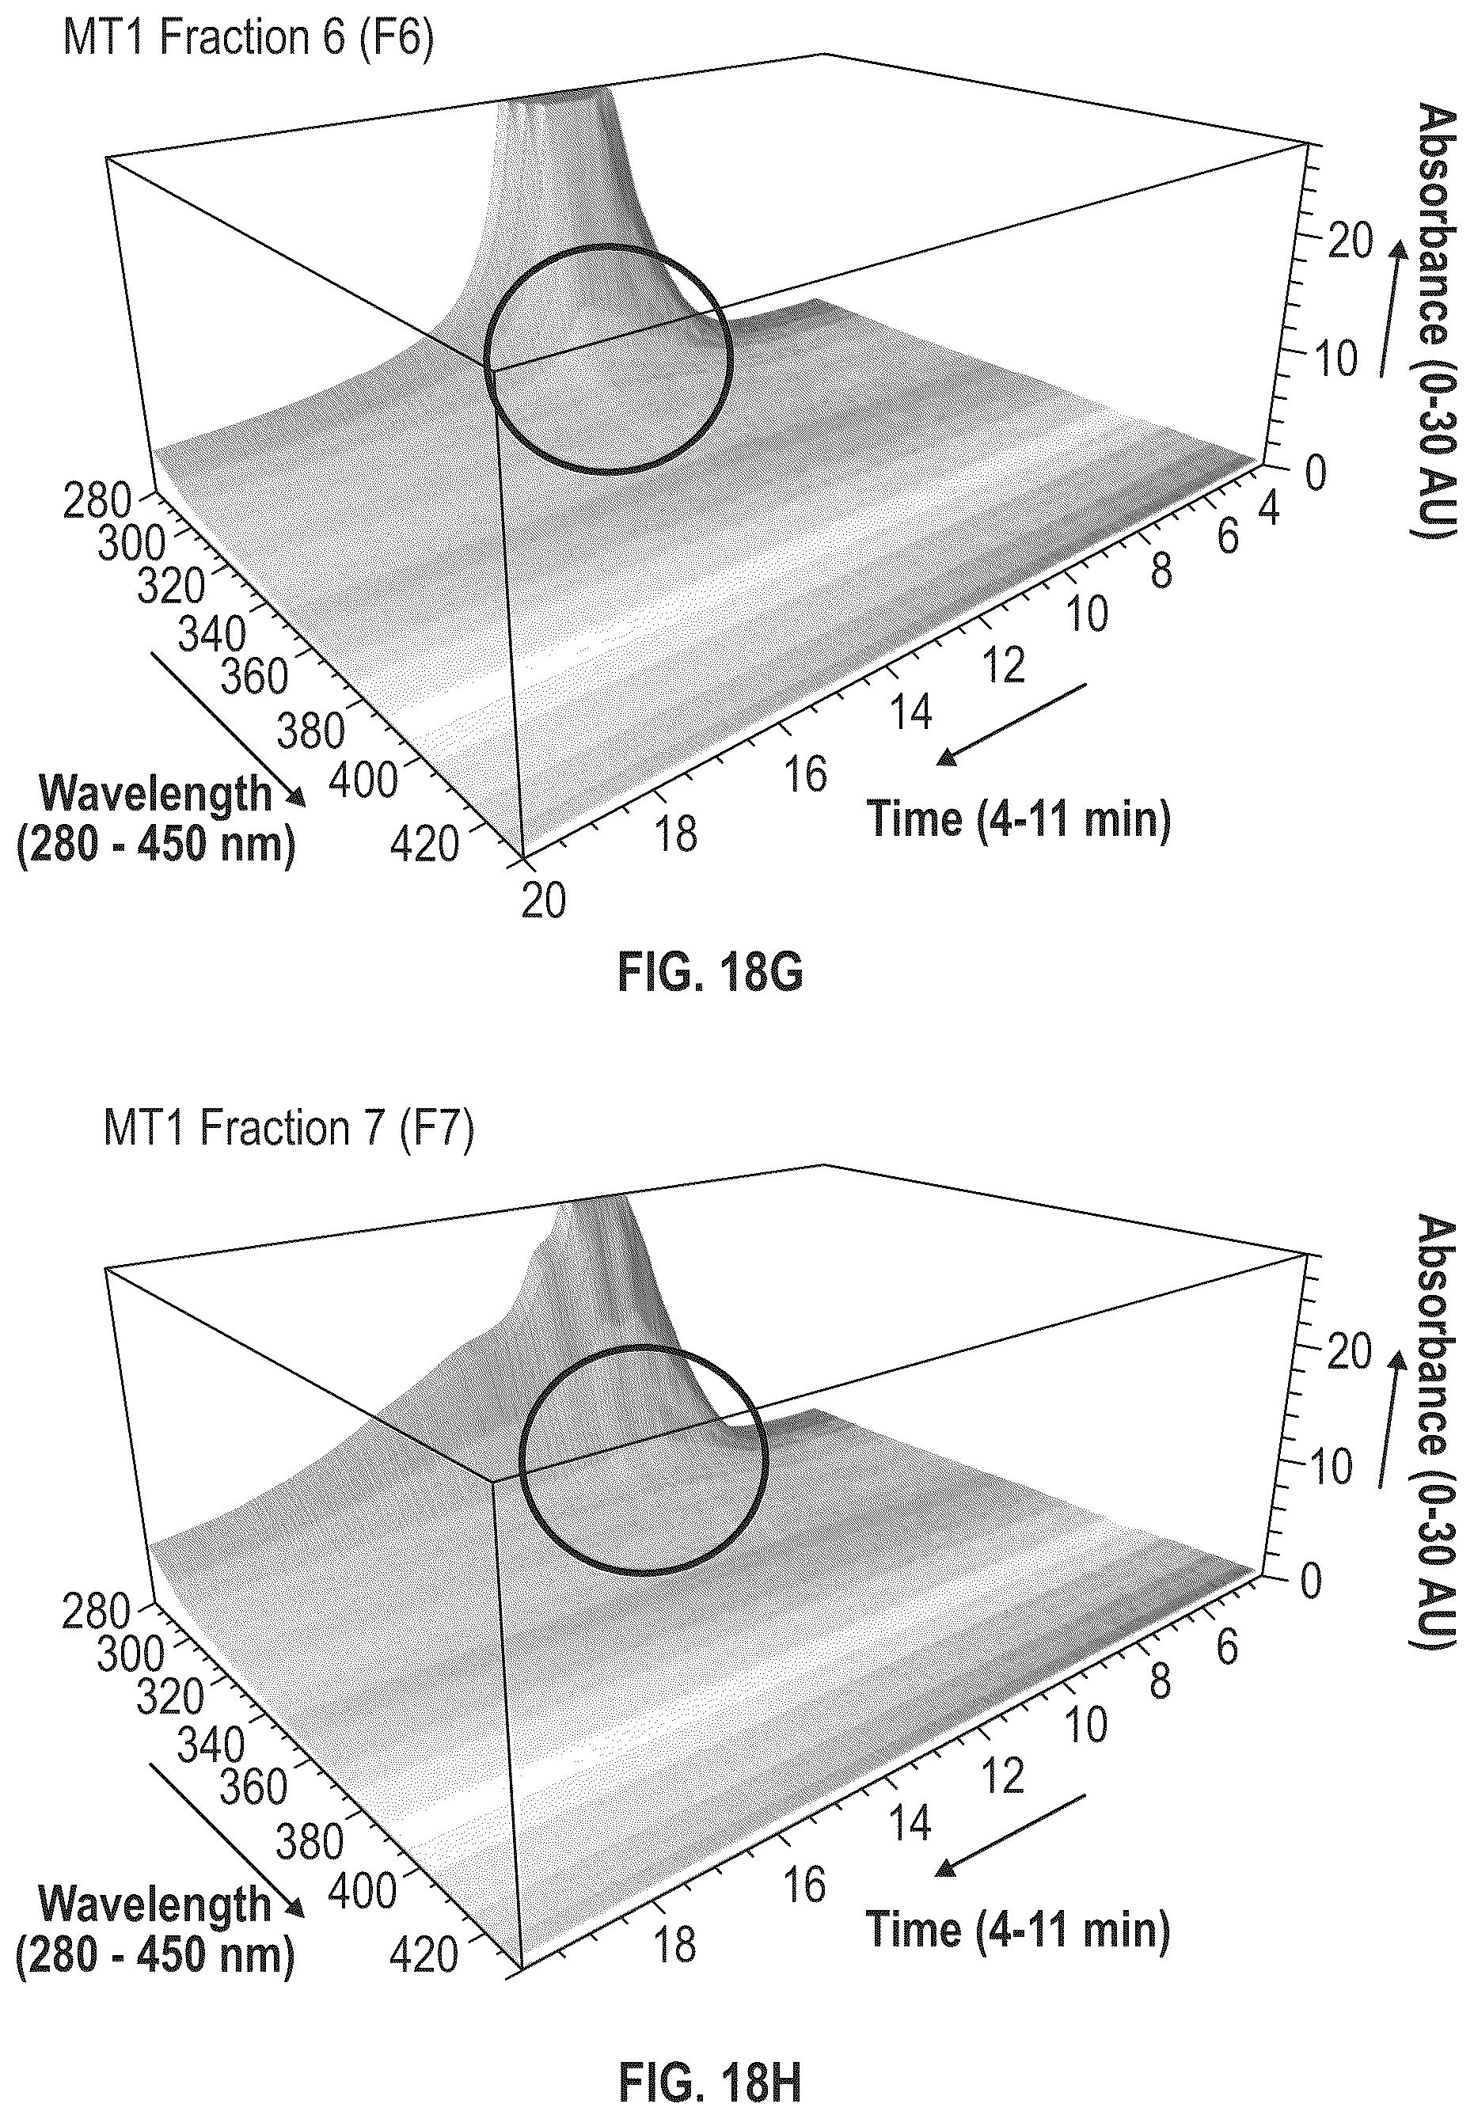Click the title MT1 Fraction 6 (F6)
click(x=247, y=39)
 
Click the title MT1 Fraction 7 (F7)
click(x=288, y=1129)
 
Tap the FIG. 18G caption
click(x=710, y=973)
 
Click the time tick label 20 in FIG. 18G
click(x=543, y=901)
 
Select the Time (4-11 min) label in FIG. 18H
click(x=1018, y=1928)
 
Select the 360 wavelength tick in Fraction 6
click(x=254, y=678)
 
